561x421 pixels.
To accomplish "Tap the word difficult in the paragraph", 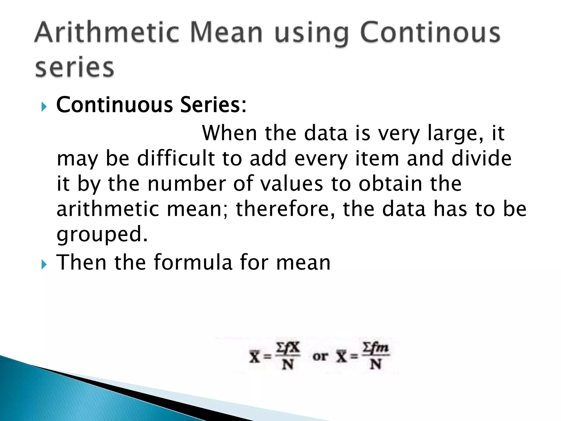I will point(176,158).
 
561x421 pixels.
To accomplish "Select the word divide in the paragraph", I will point(481,158).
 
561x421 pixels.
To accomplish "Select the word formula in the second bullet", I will point(193,263).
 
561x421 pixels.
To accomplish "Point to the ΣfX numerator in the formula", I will point(288,348).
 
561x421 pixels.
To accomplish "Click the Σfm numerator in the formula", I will point(376,347).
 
